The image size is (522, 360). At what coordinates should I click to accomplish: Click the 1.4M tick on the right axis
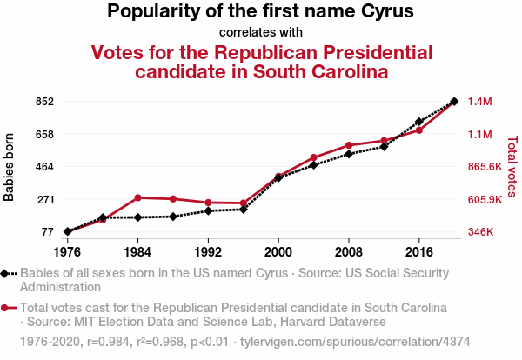(480, 102)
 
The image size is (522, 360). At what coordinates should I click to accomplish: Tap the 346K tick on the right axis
(481, 232)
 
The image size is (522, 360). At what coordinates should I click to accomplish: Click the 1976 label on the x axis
(67, 252)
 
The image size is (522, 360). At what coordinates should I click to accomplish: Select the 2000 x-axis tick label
(278, 252)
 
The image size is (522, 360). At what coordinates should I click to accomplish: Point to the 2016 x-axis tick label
(419, 252)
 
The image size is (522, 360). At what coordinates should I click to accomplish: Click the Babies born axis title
(10, 167)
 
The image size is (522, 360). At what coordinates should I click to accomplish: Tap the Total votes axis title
(512, 167)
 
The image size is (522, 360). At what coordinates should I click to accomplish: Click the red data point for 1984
(137, 197)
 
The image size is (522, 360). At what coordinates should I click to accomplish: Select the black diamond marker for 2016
(419, 122)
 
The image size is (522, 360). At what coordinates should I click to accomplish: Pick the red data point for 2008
(349, 145)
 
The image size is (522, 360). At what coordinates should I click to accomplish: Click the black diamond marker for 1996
(244, 209)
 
